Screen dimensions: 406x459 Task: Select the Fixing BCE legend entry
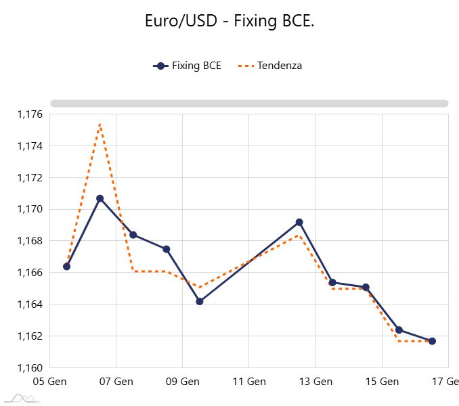click(188, 66)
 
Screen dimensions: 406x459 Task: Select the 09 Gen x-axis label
click(182, 382)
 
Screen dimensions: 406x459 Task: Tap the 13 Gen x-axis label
click(315, 382)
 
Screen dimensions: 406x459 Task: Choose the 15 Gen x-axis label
click(382, 382)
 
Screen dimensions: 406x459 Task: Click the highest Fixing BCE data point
click(100, 198)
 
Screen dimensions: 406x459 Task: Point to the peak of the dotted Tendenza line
click(100, 124)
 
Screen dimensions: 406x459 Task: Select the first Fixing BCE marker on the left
click(66, 267)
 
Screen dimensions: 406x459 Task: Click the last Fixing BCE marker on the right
click(432, 341)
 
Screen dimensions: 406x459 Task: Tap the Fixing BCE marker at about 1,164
click(200, 301)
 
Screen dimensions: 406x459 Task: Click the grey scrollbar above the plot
click(249, 104)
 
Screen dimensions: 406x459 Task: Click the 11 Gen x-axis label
click(249, 382)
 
